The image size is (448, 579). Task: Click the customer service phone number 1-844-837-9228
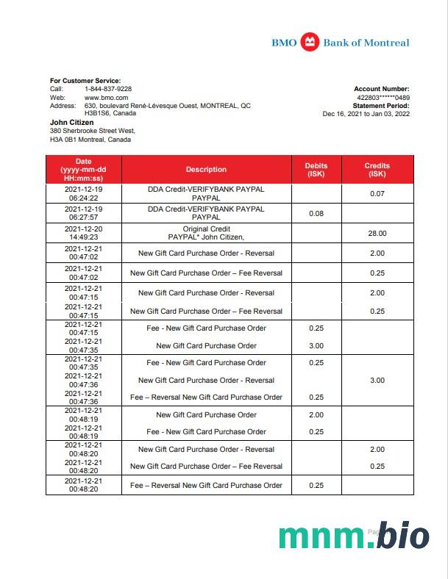coord(108,88)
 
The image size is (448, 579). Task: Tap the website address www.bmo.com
coord(107,97)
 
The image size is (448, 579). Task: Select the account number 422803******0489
coord(383,97)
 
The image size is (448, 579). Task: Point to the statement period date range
coord(366,114)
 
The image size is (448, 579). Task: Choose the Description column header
coord(206,170)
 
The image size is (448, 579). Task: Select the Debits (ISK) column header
coord(316,170)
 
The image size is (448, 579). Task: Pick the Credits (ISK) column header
coord(377,170)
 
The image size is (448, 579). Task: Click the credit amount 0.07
coord(377,193)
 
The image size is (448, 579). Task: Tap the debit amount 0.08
coord(316,213)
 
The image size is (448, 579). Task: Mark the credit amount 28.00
coord(377,233)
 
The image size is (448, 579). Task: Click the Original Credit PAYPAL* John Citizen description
coord(206,233)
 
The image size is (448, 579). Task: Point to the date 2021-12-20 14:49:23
coord(83,233)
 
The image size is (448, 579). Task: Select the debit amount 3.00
coord(316,345)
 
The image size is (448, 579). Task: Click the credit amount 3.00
coord(377,380)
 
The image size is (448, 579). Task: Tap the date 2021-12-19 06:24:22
coord(83,193)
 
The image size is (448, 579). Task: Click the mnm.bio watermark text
coord(354,537)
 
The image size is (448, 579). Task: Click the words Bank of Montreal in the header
coord(366,43)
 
